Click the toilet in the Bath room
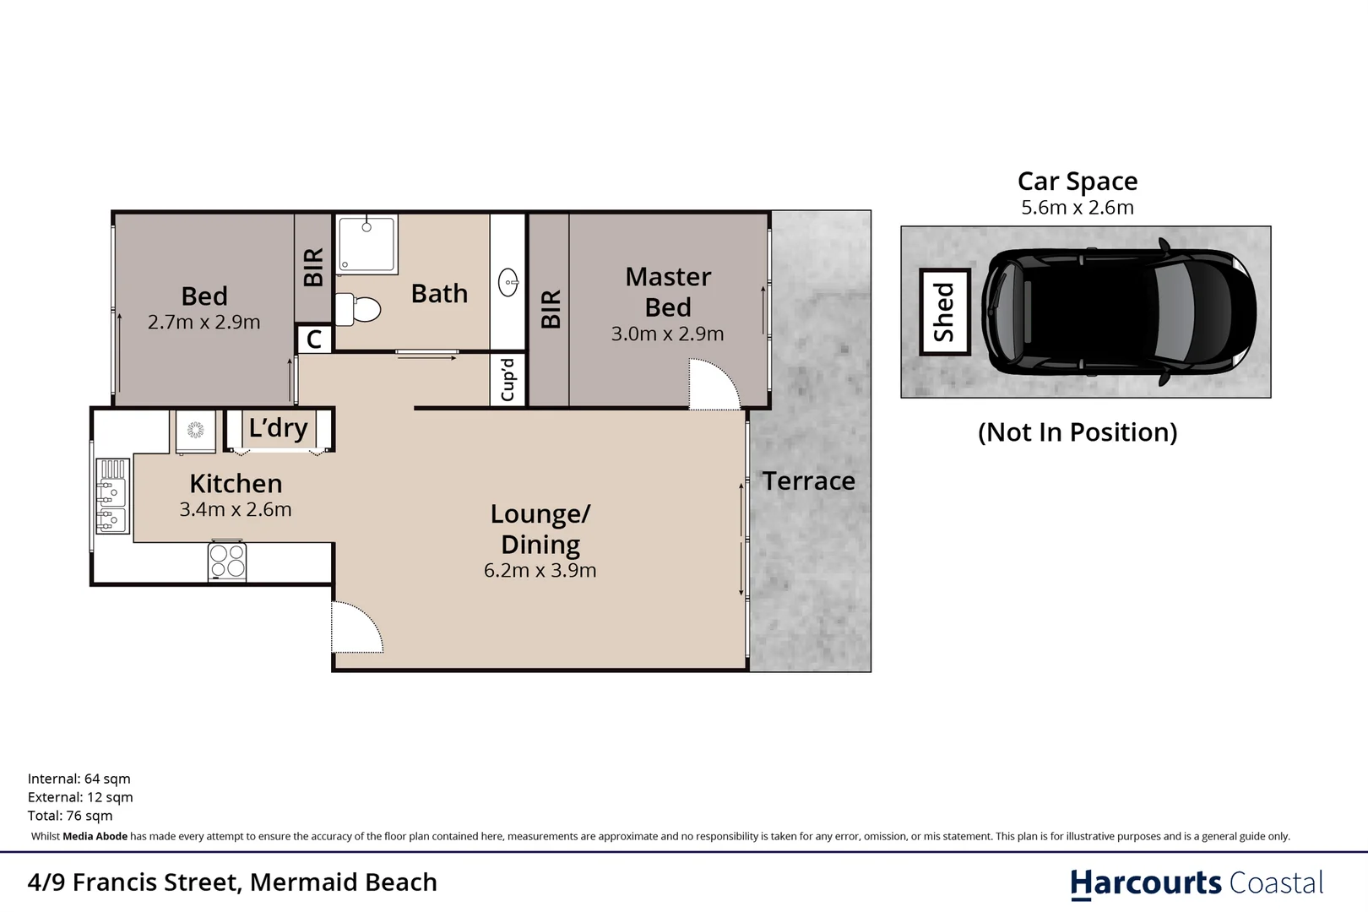click(x=359, y=309)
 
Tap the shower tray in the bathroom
click(x=366, y=244)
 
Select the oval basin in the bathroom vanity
click(x=508, y=282)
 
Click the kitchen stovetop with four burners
click(x=227, y=562)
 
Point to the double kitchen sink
click(x=111, y=497)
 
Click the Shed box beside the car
click(x=944, y=312)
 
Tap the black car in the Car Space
click(x=1117, y=312)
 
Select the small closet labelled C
click(x=314, y=339)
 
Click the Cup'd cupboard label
click(x=508, y=380)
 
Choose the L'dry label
click(x=278, y=428)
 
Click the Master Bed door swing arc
click(x=713, y=384)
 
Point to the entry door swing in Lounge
click(x=356, y=627)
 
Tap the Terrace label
click(x=808, y=481)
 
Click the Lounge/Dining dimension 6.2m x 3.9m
click(x=540, y=571)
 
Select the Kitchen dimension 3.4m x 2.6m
click(x=235, y=509)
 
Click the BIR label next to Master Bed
click(x=550, y=309)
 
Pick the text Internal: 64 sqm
click(x=79, y=779)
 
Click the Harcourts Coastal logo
click(x=1196, y=883)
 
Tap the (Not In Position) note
click(x=1077, y=432)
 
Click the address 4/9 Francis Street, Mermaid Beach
click(x=232, y=882)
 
